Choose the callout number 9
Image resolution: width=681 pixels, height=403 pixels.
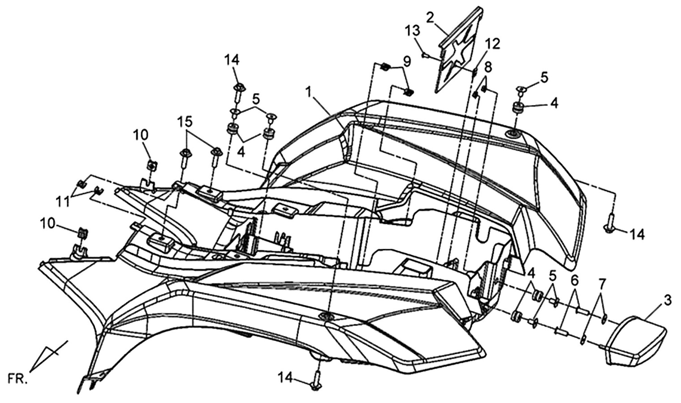tap(407, 62)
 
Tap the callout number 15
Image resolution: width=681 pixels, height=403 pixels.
tap(185, 122)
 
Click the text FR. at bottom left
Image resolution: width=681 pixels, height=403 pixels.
tap(17, 380)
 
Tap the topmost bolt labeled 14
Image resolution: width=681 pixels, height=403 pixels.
tap(238, 92)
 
